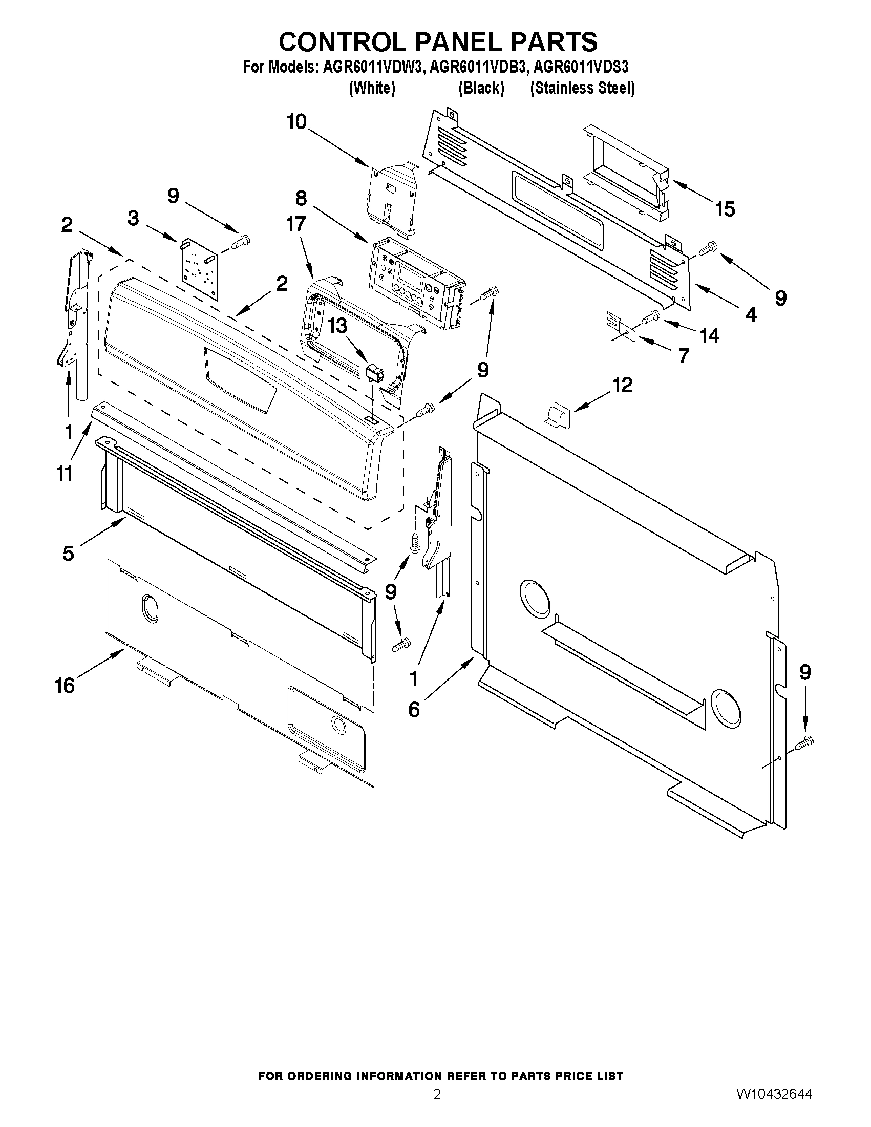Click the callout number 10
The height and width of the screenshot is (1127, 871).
296,122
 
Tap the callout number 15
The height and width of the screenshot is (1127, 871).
725,209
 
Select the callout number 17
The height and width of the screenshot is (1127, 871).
296,223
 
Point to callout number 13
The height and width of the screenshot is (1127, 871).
337,327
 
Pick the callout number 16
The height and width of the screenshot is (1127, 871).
65,685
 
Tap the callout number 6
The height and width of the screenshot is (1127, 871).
414,710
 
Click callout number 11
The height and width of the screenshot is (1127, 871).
65,473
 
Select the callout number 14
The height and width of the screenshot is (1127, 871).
710,336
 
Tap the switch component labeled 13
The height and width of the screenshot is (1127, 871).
376,373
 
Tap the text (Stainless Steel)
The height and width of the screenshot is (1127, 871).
582,88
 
